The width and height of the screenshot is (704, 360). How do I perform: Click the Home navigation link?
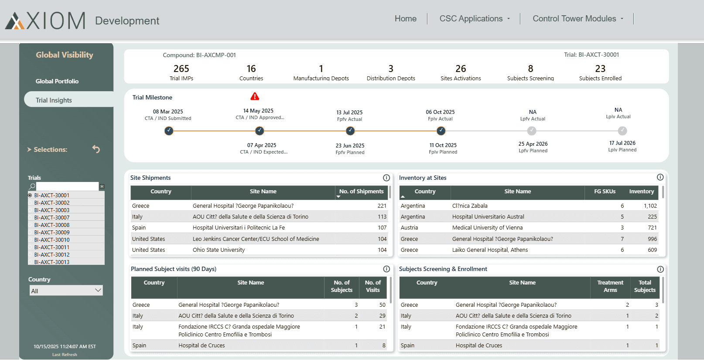click(x=405, y=19)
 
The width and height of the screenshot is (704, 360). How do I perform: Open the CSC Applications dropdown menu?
click(x=475, y=19)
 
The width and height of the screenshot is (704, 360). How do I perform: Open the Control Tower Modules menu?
click(x=578, y=19)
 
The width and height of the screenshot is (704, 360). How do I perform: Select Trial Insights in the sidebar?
click(x=54, y=100)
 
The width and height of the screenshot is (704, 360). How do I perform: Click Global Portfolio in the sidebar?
click(x=57, y=81)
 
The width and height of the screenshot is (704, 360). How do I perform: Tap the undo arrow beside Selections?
click(x=96, y=149)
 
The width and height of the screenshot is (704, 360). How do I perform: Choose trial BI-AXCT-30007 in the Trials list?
click(x=52, y=218)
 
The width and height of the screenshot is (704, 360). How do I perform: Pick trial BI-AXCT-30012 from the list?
click(x=52, y=255)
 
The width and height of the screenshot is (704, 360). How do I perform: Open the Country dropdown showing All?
click(x=66, y=291)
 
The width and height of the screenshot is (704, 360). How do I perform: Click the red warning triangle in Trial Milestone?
click(x=255, y=96)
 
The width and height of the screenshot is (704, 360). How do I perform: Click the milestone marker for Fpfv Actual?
click(x=350, y=131)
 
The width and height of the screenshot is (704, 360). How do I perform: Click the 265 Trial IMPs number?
click(x=181, y=69)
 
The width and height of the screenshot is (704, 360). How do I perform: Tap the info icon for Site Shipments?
click(x=386, y=178)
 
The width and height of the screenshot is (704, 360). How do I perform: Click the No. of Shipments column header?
click(x=361, y=192)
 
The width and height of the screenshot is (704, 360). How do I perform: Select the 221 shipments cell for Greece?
click(x=382, y=206)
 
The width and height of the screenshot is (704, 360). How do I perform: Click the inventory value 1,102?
click(x=650, y=206)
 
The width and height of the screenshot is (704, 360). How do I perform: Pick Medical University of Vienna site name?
click(x=487, y=228)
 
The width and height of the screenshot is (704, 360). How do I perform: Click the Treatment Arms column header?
click(x=610, y=286)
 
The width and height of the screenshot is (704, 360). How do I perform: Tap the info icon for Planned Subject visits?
click(x=386, y=269)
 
